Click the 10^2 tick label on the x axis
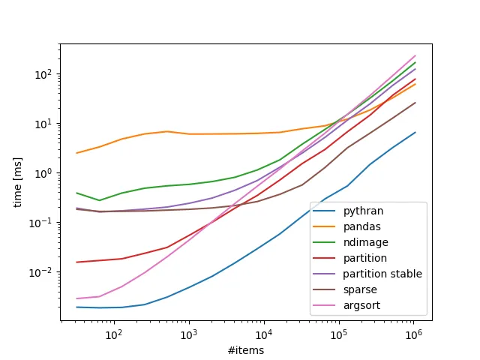click(114, 333)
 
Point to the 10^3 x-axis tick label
click(189, 333)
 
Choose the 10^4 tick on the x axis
click(264, 333)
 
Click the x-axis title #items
click(246, 349)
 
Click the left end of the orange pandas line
click(77, 153)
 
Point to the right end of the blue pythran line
click(415, 133)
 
